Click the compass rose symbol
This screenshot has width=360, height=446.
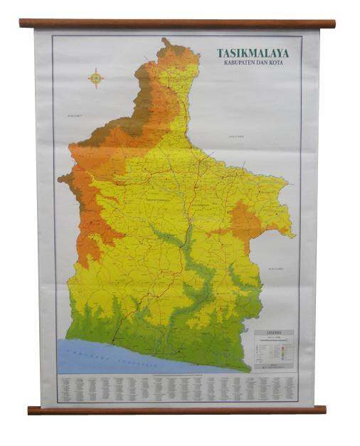click(x=95, y=77)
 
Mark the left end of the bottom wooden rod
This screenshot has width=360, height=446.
click(x=31, y=410)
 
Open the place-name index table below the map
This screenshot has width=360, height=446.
click(x=178, y=388)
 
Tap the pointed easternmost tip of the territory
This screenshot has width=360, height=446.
click(x=294, y=235)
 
